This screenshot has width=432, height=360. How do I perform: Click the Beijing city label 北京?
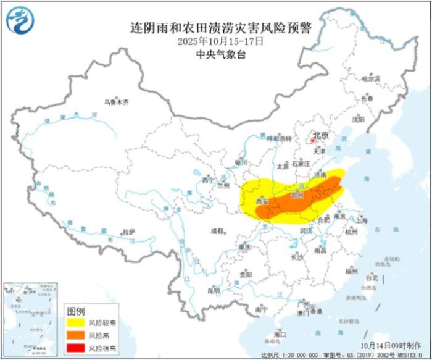(x=321, y=135)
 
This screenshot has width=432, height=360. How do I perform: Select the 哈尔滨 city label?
(x=370, y=78)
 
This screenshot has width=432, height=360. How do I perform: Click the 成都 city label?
(x=217, y=231)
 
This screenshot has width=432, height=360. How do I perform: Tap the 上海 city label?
(x=362, y=220)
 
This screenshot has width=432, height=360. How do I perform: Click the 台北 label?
(x=372, y=278)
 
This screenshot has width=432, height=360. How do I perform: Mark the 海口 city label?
(x=280, y=334)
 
